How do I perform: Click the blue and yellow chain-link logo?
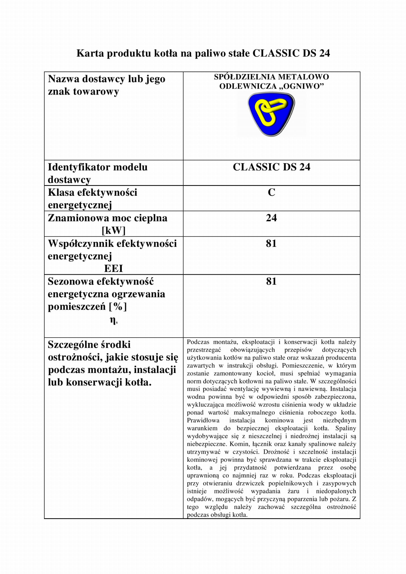point(271,114)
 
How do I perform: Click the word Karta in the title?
point(90,53)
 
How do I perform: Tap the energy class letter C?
point(271,192)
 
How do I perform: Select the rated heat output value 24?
point(271,218)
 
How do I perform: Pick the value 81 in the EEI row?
point(271,243)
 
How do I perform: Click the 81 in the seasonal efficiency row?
point(271,281)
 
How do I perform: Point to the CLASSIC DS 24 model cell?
point(271,167)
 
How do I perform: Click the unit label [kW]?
point(113,230)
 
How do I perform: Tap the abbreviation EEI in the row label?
point(113,268)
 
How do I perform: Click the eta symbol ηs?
point(113,320)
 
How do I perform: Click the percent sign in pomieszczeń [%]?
point(118,306)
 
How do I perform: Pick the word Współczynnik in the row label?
point(80,243)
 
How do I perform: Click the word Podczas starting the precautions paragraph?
point(198,342)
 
